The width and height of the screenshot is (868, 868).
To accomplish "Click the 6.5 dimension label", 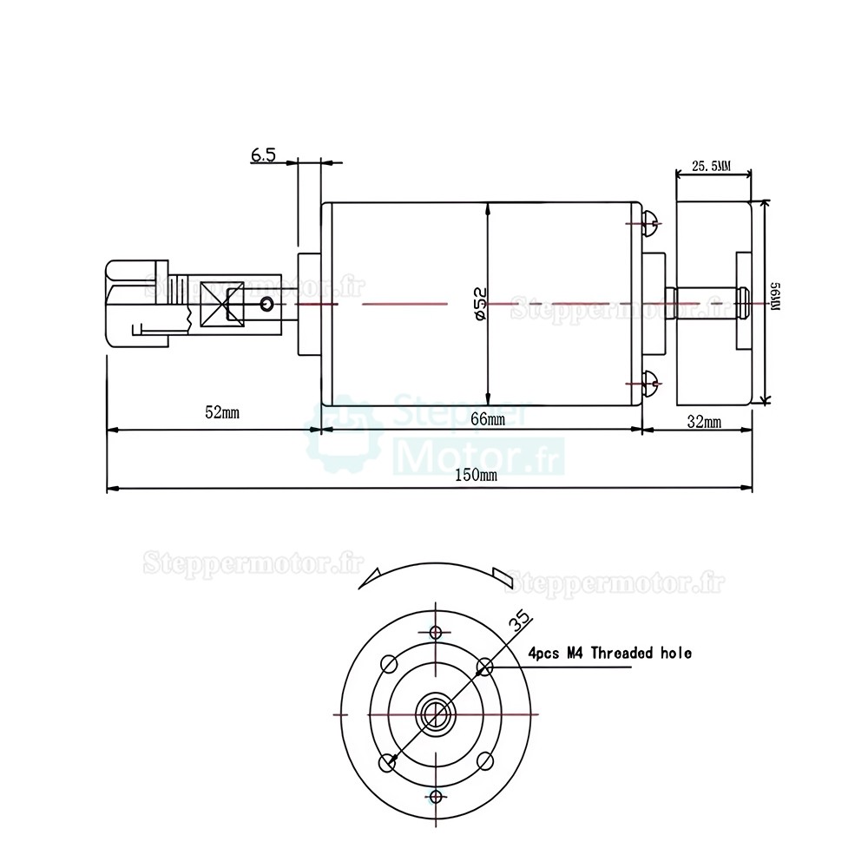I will pos(263,155).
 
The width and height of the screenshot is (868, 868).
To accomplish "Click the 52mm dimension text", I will pos(222,411).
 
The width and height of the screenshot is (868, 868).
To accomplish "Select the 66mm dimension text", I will pos(487,419).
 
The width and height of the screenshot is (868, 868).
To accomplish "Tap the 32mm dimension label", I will pos(703,422).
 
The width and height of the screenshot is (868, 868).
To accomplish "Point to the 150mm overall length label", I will pos(475,475).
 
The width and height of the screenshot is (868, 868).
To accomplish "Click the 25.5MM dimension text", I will pos(712,165).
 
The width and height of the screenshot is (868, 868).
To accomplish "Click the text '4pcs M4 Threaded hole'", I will pos(609,653).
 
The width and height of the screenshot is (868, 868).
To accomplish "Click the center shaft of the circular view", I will pos(436,713).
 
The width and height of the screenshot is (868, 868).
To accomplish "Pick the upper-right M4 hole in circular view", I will pos(485,667).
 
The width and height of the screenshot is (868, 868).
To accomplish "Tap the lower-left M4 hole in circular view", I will pos(388,761).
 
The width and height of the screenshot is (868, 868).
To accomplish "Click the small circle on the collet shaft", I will pos(266,304).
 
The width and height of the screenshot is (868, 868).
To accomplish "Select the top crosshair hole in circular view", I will pos(437,631).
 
